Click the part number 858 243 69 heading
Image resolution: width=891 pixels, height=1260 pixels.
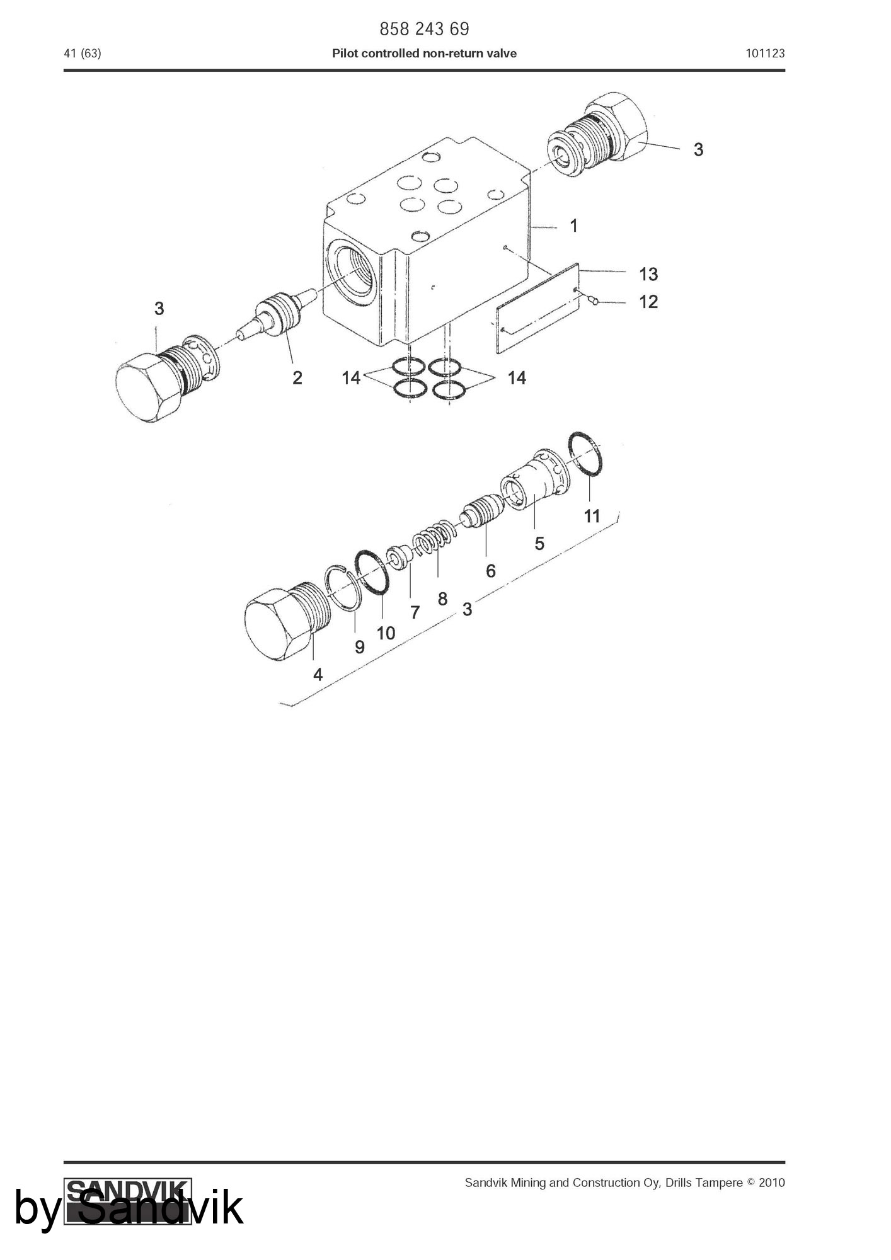click(424, 29)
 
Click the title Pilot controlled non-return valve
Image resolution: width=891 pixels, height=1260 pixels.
click(424, 54)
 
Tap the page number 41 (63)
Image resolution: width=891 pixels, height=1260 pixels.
click(83, 54)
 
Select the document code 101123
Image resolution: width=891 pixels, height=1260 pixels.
click(765, 54)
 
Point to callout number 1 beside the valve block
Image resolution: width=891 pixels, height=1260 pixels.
click(573, 226)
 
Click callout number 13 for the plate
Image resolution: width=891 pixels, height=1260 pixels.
click(648, 274)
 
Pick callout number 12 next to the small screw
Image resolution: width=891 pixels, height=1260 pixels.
click(648, 302)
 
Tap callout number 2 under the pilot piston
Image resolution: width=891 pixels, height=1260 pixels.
click(297, 377)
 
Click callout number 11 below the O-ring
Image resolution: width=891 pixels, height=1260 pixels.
click(592, 516)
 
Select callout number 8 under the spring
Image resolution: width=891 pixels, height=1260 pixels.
click(442, 598)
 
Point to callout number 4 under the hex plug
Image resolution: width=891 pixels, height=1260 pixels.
click(318, 675)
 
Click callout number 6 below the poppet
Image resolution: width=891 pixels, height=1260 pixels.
click(491, 571)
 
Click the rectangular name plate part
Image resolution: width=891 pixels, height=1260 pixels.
click(537, 308)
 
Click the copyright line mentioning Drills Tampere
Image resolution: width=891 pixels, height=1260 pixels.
click(625, 1183)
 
